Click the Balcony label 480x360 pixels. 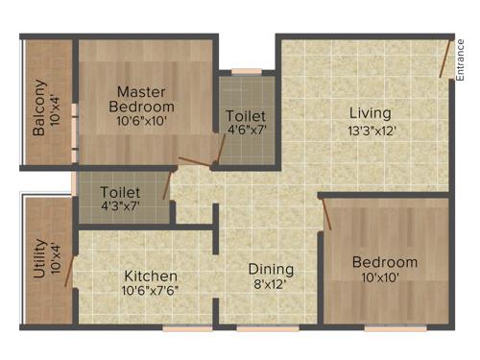pyautogui.click(x=39, y=107)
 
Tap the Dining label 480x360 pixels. pyautogui.click(x=271, y=269)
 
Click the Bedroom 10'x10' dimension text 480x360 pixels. pyautogui.click(x=384, y=277)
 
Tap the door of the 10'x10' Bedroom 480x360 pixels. pyautogui.click(x=326, y=215)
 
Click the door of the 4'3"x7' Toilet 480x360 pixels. pyautogui.click(x=167, y=185)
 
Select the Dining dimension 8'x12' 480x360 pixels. pyautogui.click(x=271, y=284)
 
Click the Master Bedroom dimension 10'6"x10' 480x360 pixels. pyautogui.click(x=142, y=122)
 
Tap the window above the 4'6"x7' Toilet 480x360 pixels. pyautogui.click(x=247, y=70)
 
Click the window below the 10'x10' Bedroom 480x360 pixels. pyautogui.click(x=396, y=327)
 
